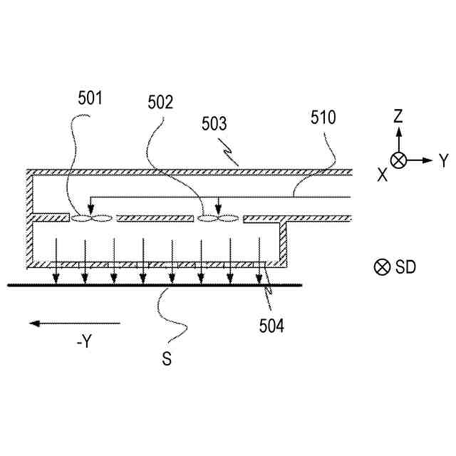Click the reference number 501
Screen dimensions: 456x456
pos(91,99)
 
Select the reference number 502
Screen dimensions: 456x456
pos(160,103)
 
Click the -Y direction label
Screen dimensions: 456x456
pos(83,342)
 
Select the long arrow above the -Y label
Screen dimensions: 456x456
pos(75,323)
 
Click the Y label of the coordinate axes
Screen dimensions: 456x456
pos(444,161)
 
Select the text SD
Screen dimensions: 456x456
pos(406,267)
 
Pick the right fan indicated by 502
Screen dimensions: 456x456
pos(218,218)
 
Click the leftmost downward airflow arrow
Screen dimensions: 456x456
pos(56,260)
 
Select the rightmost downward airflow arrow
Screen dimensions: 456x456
pos(259,260)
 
